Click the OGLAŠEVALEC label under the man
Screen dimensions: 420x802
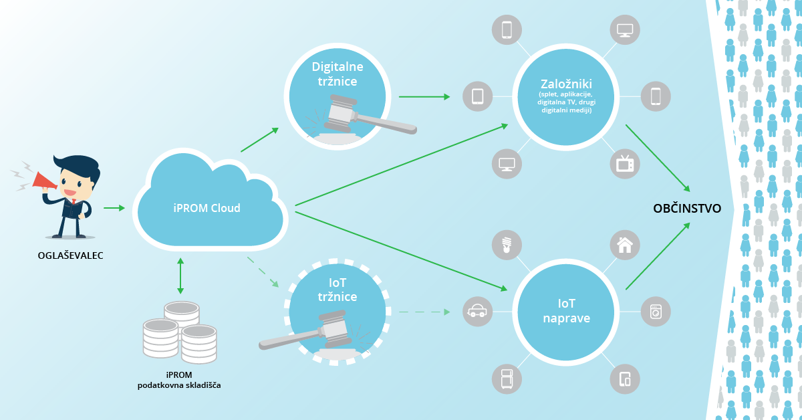71,255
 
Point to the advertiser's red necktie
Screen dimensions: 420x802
72,199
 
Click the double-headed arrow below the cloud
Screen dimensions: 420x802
180,275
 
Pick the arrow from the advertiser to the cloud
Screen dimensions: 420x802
114,208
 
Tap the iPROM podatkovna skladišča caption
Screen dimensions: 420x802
179,380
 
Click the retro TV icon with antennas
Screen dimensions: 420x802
625,164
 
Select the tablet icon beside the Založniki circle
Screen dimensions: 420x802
477,96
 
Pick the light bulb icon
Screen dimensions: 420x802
507,245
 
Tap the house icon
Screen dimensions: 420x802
625,245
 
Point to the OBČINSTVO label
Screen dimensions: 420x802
686,208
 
